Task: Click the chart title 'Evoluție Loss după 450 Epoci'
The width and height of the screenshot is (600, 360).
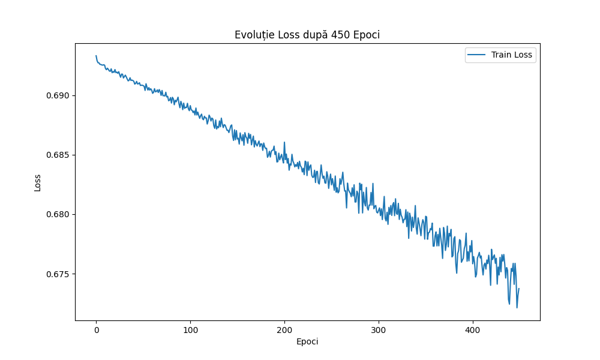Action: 307,35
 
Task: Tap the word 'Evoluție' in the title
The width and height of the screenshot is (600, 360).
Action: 253,35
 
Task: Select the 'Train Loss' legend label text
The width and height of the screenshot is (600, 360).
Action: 512,55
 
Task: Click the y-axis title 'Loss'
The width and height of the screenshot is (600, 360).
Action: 38,182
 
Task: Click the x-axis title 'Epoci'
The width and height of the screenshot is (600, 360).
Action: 307,342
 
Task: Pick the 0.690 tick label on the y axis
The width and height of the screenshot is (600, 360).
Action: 57,95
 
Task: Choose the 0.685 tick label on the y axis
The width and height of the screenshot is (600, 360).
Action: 57,155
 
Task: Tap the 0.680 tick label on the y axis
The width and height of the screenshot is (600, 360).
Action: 57,214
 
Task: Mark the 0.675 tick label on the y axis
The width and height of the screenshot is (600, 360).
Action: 57,274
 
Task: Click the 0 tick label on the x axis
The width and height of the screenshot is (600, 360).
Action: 96,330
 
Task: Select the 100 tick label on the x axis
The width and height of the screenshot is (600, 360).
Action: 190,330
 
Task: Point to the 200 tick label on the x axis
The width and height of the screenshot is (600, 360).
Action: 284,330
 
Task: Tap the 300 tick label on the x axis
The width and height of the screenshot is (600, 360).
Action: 378,330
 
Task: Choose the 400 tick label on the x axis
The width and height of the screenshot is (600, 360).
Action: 472,330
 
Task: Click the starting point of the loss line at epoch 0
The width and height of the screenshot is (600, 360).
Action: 96,56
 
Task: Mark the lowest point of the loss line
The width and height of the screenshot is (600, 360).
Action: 517,308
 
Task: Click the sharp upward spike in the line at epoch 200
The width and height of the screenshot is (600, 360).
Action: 284,142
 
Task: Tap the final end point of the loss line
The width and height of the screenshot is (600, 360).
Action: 519,289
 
